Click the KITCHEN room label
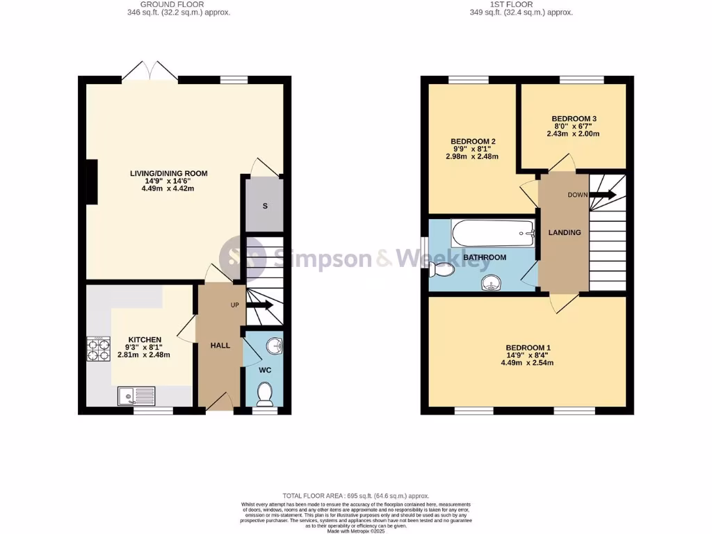[x=144, y=339]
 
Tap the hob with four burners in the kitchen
[x=98, y=349]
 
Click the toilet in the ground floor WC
[x=264, y=395]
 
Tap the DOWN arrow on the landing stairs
[x=602, y=195]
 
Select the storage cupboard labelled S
[x=264, y=205]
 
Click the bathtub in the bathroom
[x=492, y=233]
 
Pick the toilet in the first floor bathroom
[x=442, y=268]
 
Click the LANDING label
[x=564, y=232]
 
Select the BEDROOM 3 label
[x=574, y=118]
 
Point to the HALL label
[x=220, y=345]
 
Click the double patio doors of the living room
[x=151, y=72]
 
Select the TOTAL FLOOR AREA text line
[x=356, y=495]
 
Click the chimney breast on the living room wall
[x=92, y=182]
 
